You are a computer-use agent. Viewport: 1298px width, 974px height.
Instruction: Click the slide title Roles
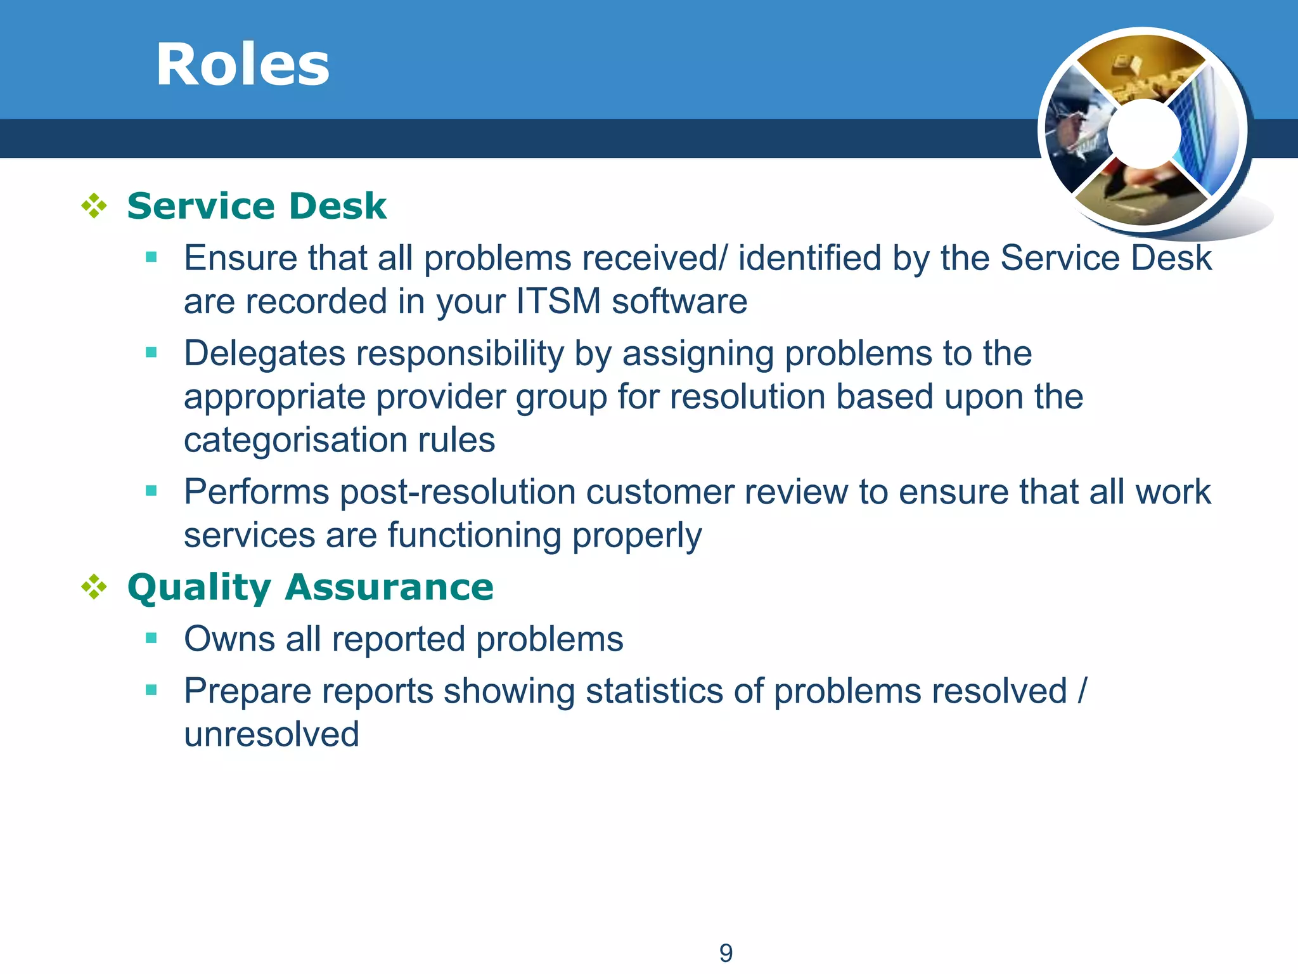pos(243,65)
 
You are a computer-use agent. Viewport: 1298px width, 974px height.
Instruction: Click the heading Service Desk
pos(257,206)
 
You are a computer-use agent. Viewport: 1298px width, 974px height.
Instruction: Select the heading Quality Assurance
pos(310,587)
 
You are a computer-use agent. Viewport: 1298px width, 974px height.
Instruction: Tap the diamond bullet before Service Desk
pos(94,206)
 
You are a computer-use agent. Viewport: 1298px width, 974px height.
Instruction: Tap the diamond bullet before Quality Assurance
pos(94,587)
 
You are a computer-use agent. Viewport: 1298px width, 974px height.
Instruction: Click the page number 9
pos(726,953)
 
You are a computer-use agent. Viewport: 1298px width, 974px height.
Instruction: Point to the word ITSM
pos(558,301)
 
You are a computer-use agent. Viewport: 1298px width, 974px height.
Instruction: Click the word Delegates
pos(264,353)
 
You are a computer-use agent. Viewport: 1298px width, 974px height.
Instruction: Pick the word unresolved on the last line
pos(271,734)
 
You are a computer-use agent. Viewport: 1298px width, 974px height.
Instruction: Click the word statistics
pos(653,691)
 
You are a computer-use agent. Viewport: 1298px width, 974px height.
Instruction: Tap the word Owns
pos(229,639)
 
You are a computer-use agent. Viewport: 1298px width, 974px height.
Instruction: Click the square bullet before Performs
pos(151,491)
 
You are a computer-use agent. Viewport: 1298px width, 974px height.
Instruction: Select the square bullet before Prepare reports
pos(151,690)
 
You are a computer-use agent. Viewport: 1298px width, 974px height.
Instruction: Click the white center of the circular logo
pos(1144,134)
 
